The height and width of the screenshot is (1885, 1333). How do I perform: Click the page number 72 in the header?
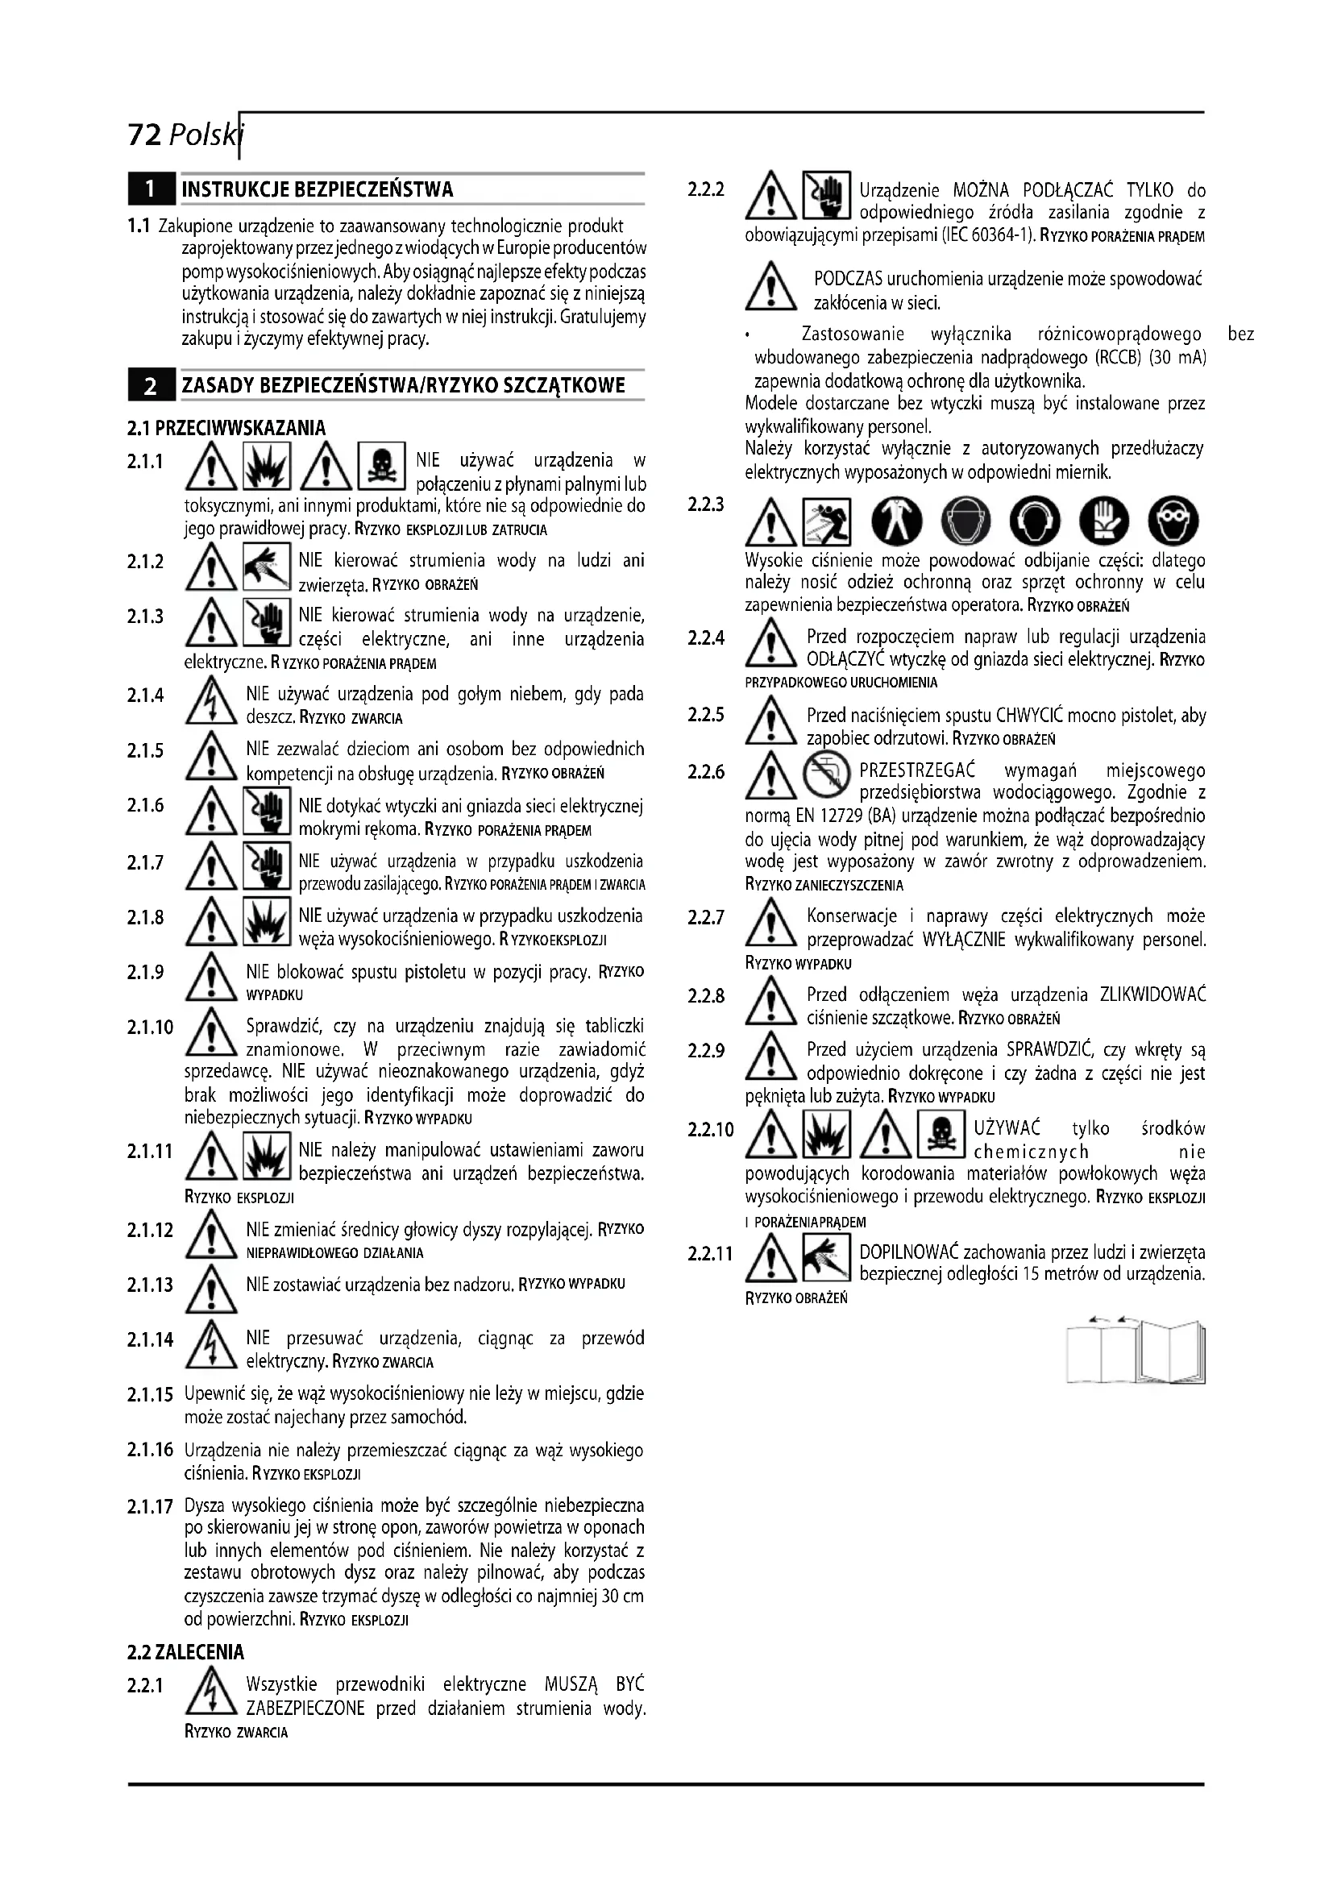click(144, 134)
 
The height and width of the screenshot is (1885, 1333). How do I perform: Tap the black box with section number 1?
click(150, 189)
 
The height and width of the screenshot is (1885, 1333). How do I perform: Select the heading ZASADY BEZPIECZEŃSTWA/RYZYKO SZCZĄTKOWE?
click(403, 385)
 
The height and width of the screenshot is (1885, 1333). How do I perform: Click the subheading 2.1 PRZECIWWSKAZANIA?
click(226, 428)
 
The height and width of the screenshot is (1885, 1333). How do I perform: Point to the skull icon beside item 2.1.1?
click(382, 468)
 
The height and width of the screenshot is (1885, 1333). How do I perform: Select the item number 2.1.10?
click(150, 1027)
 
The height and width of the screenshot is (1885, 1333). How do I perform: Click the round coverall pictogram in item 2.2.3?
click(896, 521)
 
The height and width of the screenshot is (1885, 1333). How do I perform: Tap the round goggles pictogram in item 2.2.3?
click(1173, 521)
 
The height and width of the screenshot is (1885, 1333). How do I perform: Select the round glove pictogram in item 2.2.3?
click(1104, 521)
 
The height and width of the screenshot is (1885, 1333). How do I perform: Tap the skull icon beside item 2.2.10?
click(941, 1134)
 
